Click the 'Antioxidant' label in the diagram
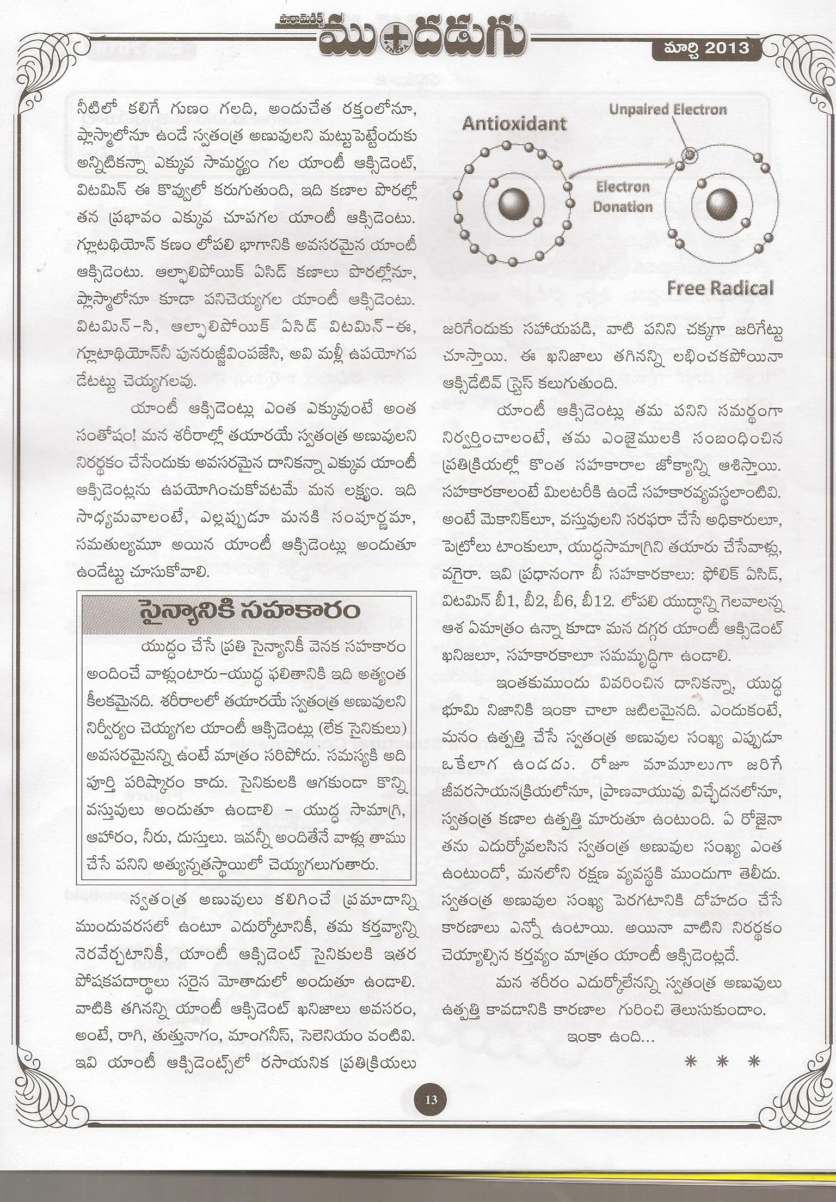(514, 124)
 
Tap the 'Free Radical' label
(720, 287)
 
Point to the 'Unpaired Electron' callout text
(668, 110)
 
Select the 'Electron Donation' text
(623, 197)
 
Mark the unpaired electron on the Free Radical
(690, 155)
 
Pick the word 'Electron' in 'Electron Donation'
(623, 187)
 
